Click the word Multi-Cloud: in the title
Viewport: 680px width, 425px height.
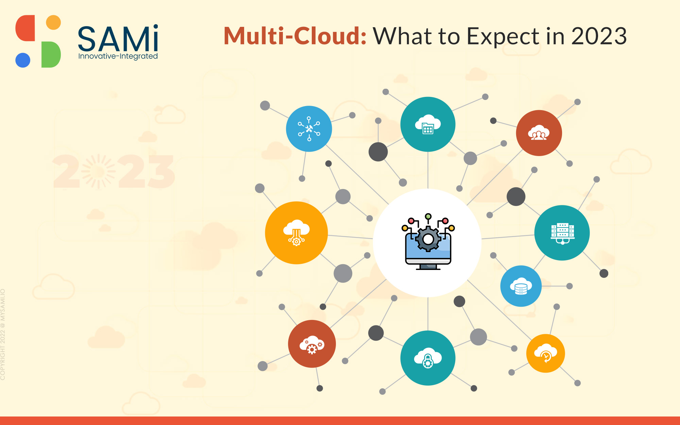click(295, 36)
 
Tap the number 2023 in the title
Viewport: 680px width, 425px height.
click(599, 36)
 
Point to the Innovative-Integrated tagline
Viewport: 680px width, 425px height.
click(118, 56)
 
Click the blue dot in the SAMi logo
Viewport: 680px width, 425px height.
click(23, 60)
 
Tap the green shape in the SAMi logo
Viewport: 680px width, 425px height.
click(51, 54)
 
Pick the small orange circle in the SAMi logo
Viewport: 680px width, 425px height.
click(53, 22)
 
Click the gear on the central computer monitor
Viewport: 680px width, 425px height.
click(428, 239)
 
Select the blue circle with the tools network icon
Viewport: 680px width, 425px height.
click(309, 129)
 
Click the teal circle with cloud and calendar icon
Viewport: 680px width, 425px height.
click(428, 124)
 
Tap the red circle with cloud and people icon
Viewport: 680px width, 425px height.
click(539, 133)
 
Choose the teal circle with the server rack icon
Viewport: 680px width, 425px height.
click(562, 233)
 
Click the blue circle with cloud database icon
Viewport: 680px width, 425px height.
click(521, 286)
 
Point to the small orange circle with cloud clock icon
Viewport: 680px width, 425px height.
click(545, 353)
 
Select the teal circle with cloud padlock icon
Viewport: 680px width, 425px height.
click(428, 358)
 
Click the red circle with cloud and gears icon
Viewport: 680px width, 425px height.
click(312, 344)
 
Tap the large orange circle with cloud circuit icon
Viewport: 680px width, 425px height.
click(296, 233)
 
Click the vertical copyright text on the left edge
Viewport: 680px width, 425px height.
click(3, 334)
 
